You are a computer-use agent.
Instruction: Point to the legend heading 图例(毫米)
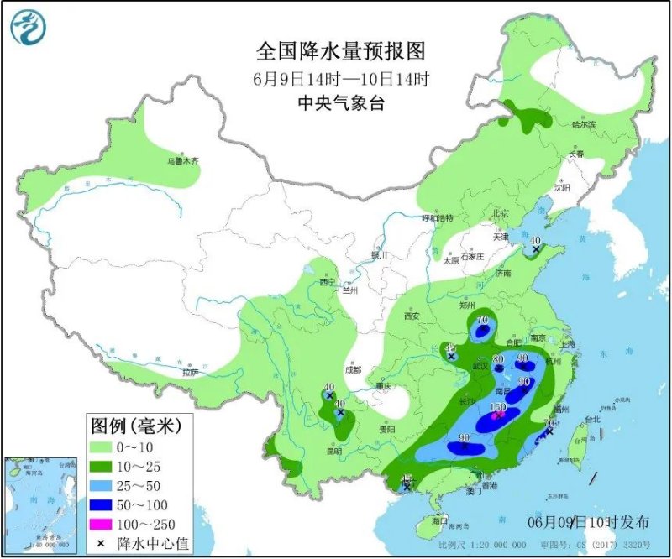point(129,425)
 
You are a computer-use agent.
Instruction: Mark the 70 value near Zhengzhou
point(482,321)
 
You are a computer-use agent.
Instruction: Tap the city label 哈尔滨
point(583,125)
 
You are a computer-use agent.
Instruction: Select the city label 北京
point(501,213)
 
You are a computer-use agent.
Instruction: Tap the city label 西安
point(412,316)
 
